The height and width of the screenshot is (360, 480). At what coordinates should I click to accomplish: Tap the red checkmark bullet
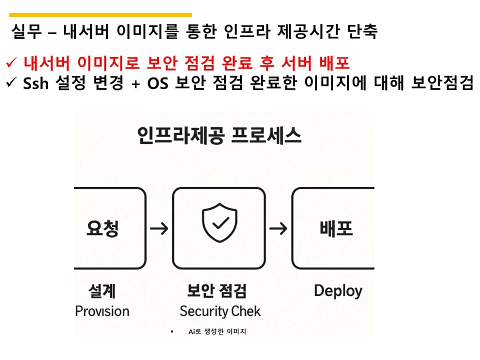(x=11, y=63)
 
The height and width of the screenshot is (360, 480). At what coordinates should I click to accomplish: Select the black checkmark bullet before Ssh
(x=11, y=83)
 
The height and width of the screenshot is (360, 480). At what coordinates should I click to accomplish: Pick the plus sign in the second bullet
(x=134, y=84)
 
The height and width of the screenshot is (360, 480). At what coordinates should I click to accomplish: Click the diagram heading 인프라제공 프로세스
(x=219, y=135)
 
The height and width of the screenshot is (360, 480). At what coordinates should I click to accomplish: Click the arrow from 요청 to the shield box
(x=159, y=229)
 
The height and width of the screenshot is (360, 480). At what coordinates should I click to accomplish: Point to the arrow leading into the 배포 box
(x=278, y=229)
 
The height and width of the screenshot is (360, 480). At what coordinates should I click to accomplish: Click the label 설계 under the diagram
(x=102, y=290)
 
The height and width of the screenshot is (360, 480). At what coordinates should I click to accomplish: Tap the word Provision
(x=102, y=311)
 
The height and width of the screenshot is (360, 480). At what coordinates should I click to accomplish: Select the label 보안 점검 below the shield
(x=216, y=290)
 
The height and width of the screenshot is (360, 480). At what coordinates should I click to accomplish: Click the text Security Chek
(x=220, y=311)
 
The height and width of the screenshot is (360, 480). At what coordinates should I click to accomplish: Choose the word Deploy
(x=338, y=290)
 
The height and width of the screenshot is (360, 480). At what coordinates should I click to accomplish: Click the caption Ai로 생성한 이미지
(x=217, y=331)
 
